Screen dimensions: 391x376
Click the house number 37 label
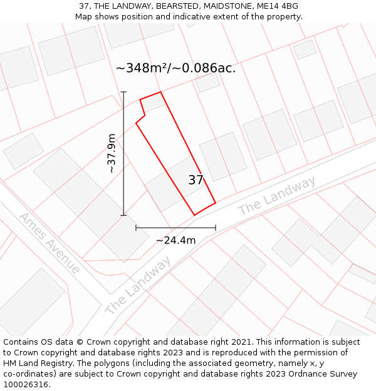[196, 180]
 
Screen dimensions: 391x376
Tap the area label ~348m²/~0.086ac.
[175, 68]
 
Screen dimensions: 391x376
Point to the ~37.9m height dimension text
[112, 153]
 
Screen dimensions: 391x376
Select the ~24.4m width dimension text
[175, 240]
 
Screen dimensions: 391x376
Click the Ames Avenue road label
[49, 243]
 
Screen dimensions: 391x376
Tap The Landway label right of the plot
[276, 196]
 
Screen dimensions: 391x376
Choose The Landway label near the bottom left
[137, 287]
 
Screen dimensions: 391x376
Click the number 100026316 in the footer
[26, 385]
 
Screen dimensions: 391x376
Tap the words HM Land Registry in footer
[34, 363]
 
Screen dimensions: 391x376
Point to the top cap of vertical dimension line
[123, 92]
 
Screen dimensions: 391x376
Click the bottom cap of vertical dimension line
[123, 215]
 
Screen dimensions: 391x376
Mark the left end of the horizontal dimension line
[136, 228]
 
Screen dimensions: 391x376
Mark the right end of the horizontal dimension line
[216, 228]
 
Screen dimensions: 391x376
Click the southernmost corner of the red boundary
[194, 215]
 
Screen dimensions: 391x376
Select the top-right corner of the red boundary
[161, 92]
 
